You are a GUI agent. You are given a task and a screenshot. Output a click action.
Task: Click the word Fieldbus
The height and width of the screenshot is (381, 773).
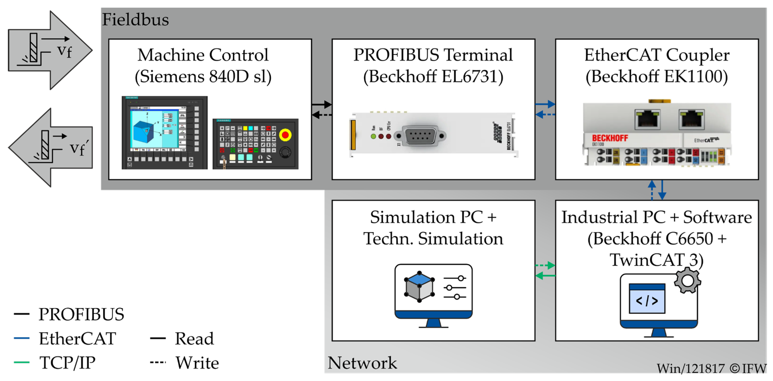coord(135,20)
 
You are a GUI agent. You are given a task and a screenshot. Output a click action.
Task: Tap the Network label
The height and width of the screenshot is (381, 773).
coord(362,363)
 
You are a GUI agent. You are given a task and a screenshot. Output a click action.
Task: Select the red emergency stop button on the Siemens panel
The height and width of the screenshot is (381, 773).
coord(285,135)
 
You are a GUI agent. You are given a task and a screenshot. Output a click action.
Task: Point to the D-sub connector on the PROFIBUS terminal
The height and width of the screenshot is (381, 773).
coord(420,136)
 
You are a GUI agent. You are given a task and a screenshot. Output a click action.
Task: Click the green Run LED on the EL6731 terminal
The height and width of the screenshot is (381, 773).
coord(373,136)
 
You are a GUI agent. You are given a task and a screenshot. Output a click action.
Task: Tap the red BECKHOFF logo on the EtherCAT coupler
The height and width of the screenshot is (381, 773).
coord(610,138)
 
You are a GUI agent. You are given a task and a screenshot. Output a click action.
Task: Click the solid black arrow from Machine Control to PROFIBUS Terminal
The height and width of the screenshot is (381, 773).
coord(322,105)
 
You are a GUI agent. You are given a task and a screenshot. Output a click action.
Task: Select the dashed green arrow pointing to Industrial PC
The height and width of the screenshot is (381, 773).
coord(545,265)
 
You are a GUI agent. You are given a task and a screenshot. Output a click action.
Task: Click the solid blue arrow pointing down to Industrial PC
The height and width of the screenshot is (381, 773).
coord(662,190)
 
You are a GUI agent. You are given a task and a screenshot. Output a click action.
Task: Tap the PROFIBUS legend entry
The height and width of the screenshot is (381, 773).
coord(81,314)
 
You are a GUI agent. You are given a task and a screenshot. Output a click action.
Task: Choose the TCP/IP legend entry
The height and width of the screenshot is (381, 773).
coord(67,362)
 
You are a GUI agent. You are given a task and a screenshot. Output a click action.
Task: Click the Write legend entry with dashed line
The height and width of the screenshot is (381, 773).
coord(196,363)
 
